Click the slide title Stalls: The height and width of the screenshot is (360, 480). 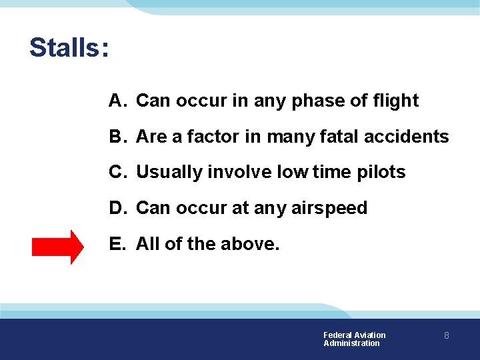tap(69, 48)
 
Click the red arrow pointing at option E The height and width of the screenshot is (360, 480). tap(58, 246)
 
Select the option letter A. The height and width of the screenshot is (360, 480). tap(117, 101)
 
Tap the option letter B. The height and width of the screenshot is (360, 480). tap(117, 137)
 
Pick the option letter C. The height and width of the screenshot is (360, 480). tap(117, 172)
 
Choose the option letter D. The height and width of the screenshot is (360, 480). tap(117, 208)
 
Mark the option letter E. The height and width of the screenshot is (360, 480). tap(117, 244)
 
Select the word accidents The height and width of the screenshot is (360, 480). tap(408, 137)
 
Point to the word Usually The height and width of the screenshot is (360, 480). tap(169, 173)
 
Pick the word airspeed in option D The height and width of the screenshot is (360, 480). tap(329, 209)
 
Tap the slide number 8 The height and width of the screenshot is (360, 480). tap(447, 336)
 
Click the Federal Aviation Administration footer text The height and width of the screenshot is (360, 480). tap(354, 339)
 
